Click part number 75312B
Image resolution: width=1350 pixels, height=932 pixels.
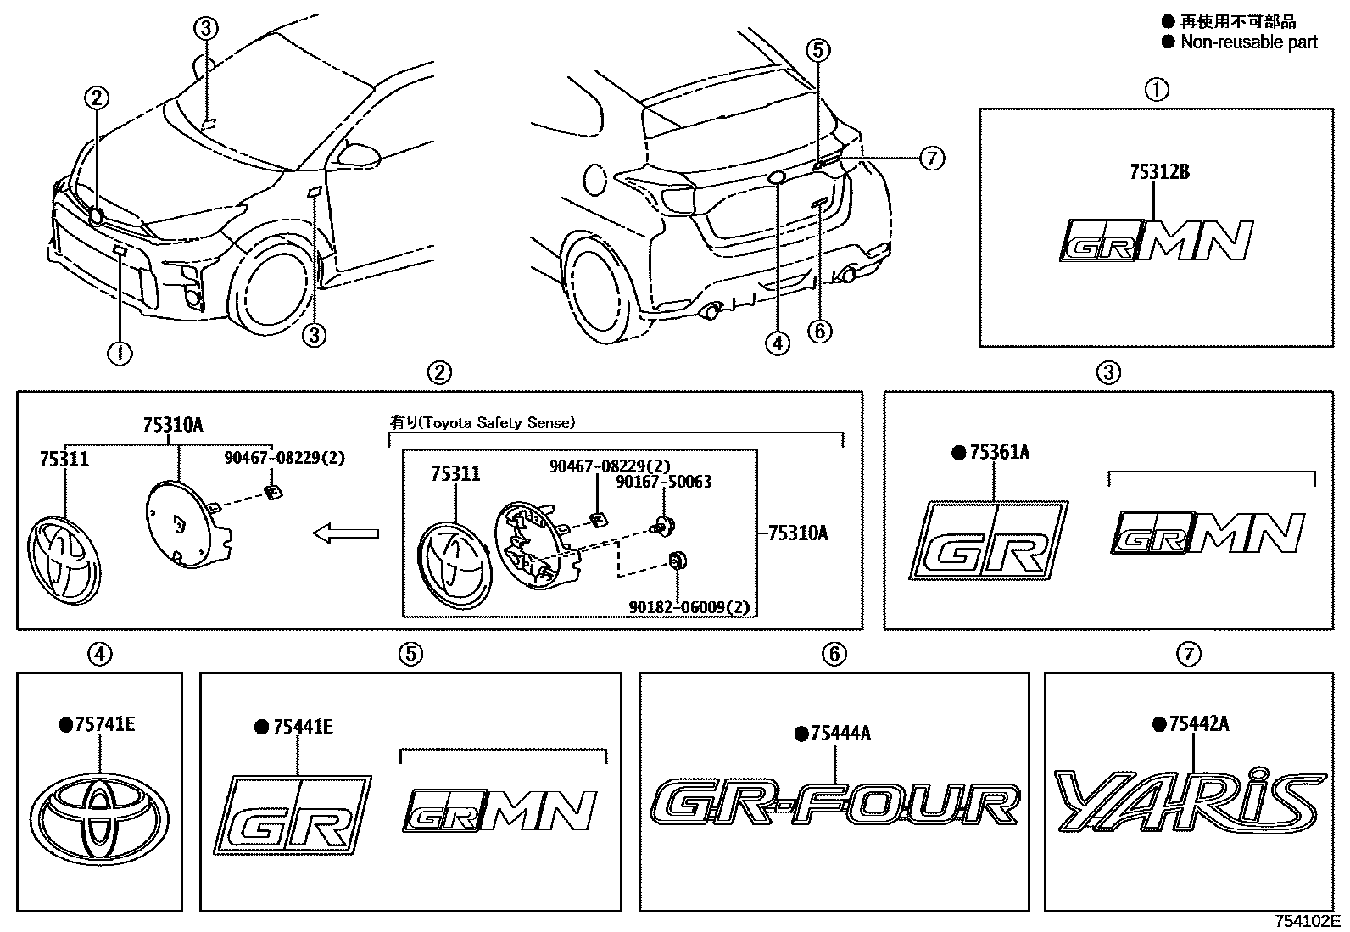point(1158,172)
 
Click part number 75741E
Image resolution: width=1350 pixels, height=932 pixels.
point(104,725)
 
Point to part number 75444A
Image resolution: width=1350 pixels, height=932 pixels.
point(839,734)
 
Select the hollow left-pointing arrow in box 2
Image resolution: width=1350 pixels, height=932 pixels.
point(345,533)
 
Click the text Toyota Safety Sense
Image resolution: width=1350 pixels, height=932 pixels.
point(496,422)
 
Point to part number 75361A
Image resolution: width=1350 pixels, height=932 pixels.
point(998,453)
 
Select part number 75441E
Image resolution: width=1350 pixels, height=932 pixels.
point(302,727)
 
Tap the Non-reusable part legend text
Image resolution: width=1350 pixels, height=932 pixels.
point(1248,42)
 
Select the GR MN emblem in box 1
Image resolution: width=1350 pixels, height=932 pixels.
point(1156,240)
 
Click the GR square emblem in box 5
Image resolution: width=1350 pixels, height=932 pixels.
point(301,812)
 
